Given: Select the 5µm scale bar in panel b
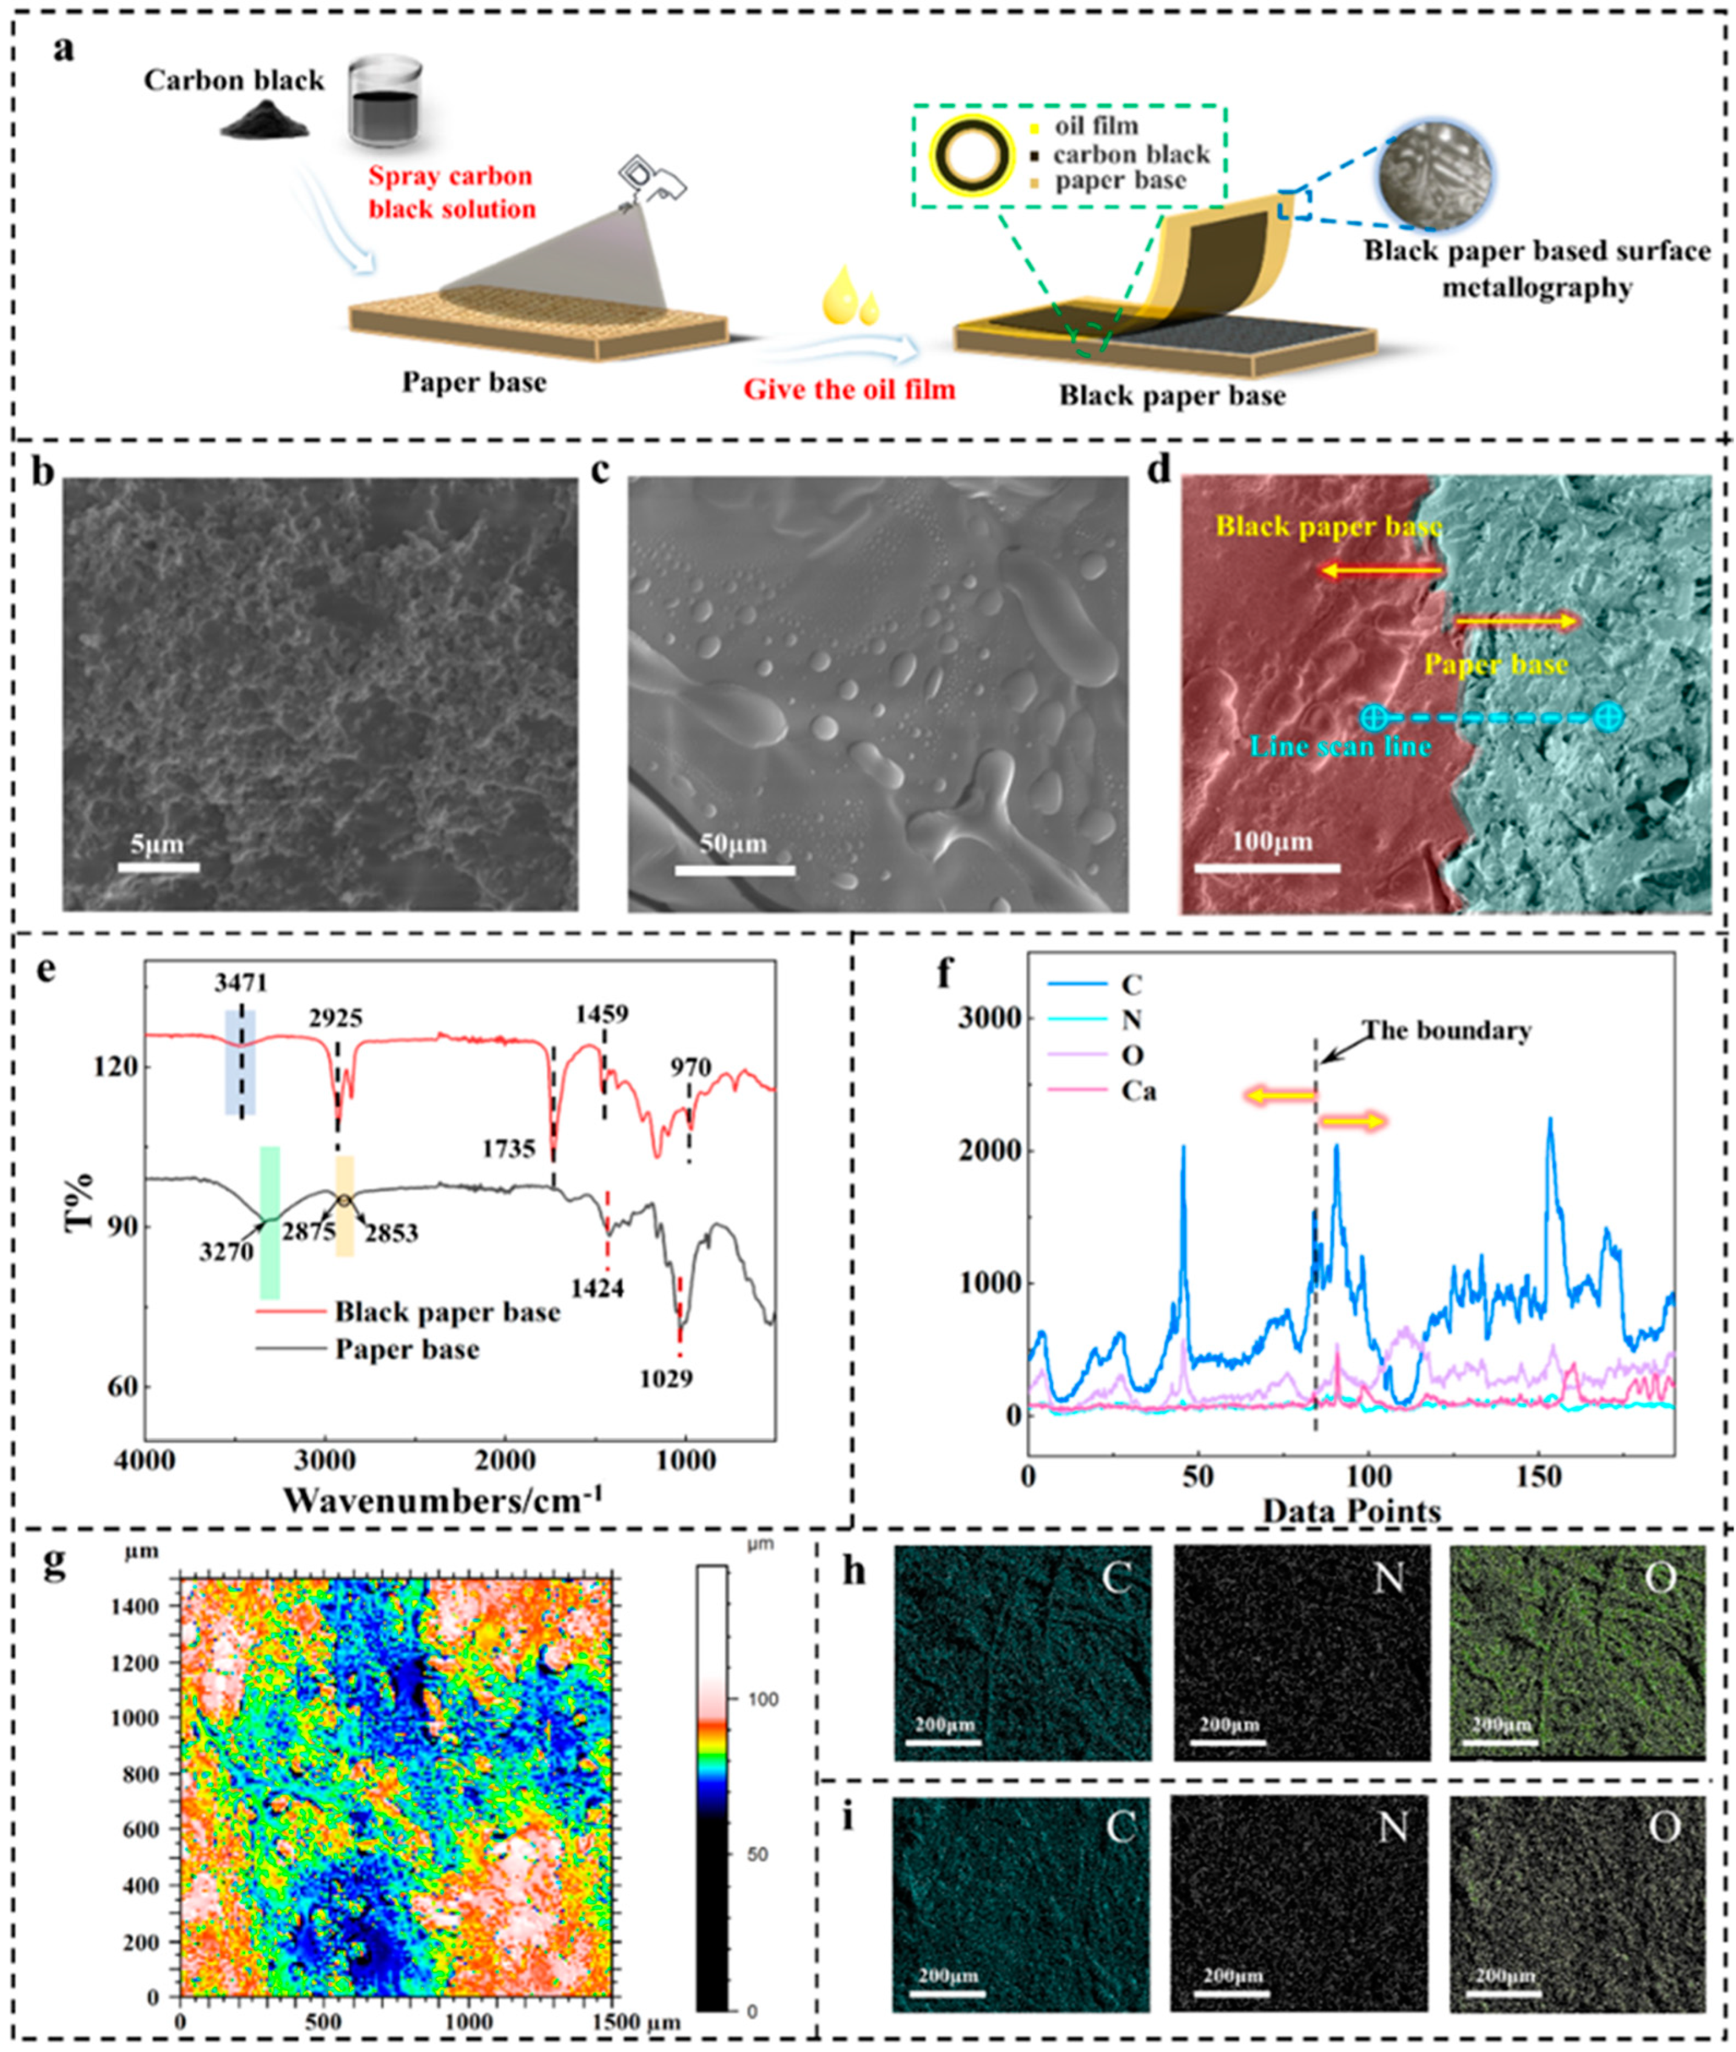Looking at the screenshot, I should tap(158, 867).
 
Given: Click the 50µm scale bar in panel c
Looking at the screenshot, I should tap(735, 869).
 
